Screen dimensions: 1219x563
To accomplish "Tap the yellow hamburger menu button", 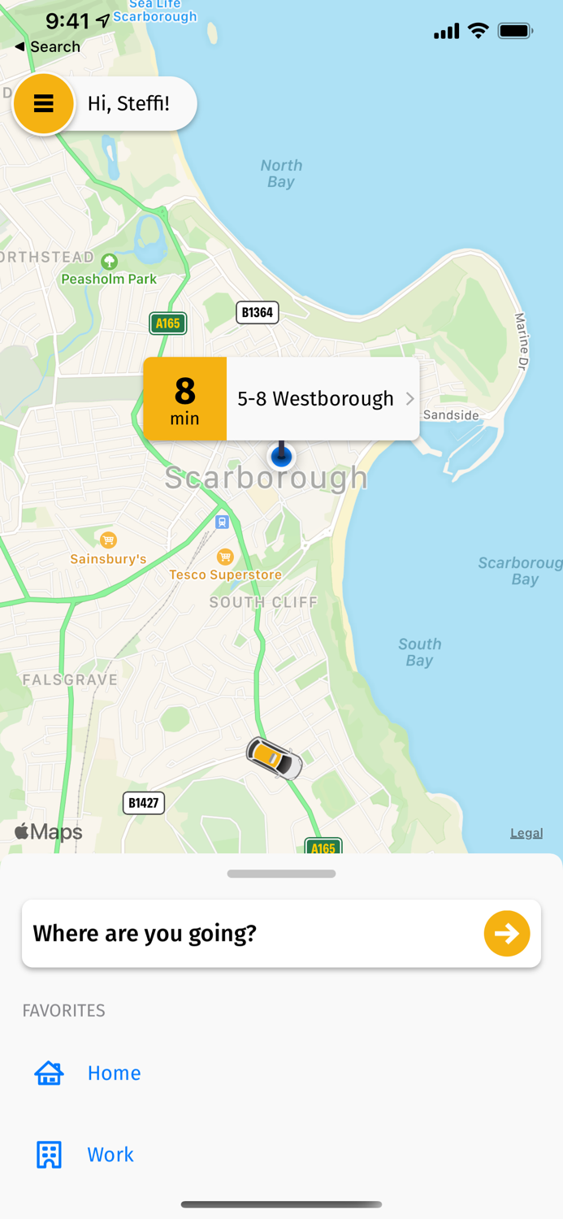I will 44,103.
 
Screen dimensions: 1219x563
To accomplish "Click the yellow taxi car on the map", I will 275,759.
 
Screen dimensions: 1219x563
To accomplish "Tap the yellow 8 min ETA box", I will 185,399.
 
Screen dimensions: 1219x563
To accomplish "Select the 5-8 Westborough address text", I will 315,399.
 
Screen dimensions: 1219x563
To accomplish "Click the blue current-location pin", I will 281,456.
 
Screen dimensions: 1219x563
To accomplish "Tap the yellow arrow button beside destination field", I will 507,933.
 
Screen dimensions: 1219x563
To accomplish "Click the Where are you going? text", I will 145,933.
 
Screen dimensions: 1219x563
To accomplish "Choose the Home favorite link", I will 114,1073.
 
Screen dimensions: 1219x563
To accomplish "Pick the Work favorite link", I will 110,1155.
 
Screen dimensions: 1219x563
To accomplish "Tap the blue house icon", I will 49,1073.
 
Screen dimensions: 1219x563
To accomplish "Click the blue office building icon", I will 49,1155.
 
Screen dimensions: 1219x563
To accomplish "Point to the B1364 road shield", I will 258,312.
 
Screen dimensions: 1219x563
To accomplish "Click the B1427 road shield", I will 144,803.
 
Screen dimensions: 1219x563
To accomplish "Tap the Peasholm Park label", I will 109,279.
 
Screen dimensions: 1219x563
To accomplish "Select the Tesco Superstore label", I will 225,575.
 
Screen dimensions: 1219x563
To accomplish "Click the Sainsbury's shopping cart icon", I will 108,540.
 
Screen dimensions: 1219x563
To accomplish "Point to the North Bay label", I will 281,173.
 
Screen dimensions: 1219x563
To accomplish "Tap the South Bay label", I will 419,652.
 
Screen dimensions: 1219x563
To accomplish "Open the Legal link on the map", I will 526,833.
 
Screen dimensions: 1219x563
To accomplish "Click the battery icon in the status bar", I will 515,31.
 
